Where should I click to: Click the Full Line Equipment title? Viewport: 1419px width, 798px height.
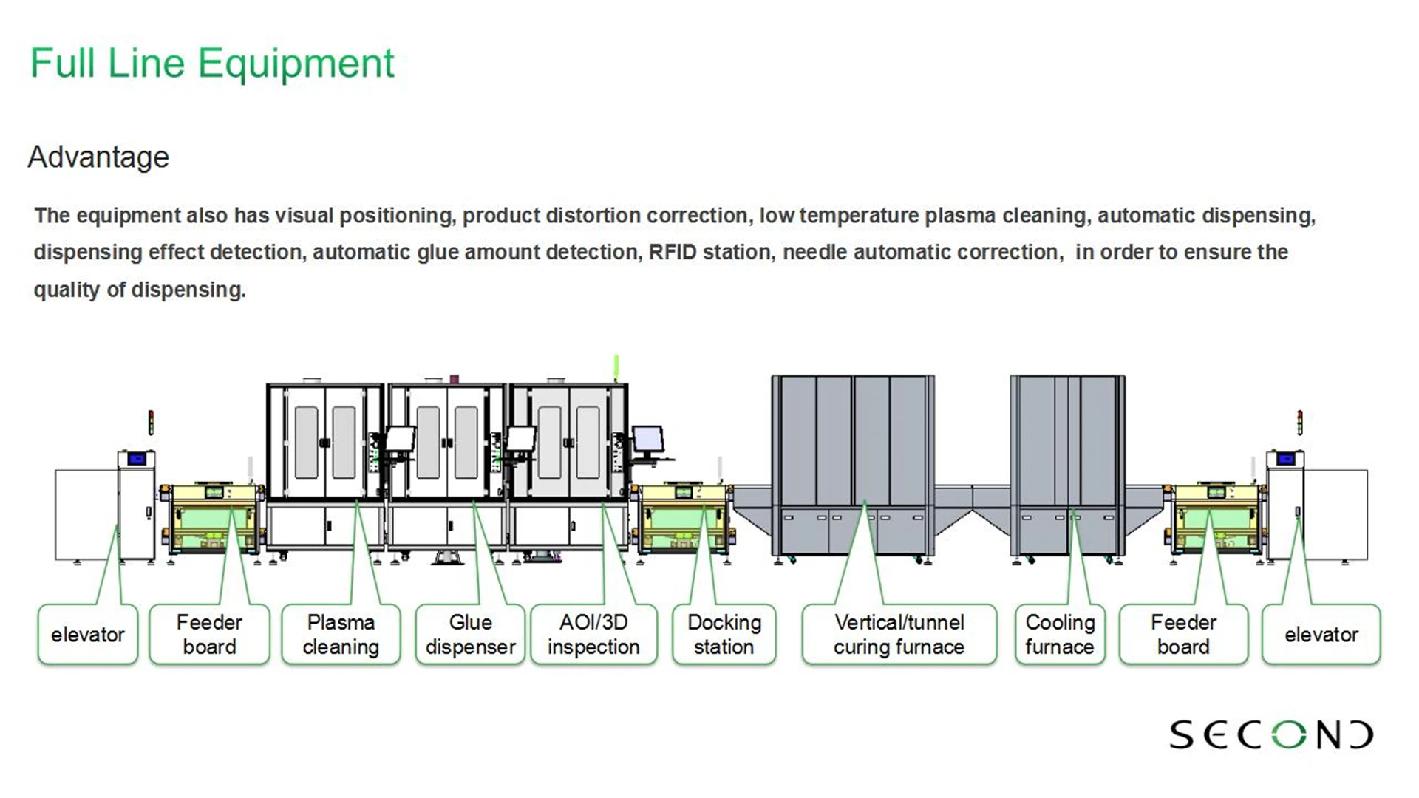(x=212, y=64)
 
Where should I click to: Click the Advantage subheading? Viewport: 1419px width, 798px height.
(x=98, y=157)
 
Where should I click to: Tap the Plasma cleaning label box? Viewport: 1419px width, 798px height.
(x=341, y=635)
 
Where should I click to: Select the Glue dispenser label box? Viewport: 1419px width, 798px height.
(x=470, y=635)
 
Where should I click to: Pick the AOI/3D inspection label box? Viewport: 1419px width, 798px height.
(x=593, y=635)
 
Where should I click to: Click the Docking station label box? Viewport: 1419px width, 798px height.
(x=724, y=635)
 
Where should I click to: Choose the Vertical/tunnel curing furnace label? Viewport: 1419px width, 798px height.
(x=899, y=635)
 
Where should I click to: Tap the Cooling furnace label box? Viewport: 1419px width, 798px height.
(x=1060, y=635)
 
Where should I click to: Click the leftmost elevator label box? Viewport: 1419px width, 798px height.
(x=88, y=635)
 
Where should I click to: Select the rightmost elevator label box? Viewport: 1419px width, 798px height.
(x=1321, y=635)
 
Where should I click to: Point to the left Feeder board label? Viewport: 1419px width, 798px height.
(x=209, y=635)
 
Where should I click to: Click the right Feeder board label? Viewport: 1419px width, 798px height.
(x=1183, y=635)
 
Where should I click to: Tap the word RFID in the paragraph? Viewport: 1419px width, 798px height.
(x=673, y=253)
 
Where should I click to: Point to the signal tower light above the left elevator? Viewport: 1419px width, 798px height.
(x=151, y=423)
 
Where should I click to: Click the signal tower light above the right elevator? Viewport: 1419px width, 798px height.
(x=1299, y=423)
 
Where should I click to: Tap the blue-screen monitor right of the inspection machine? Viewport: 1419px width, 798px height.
(x=647, y=441)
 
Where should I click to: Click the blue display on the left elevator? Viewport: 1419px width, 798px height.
(x=137, y=459)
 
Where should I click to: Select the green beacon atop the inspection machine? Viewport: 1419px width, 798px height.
(x=616, y=367)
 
